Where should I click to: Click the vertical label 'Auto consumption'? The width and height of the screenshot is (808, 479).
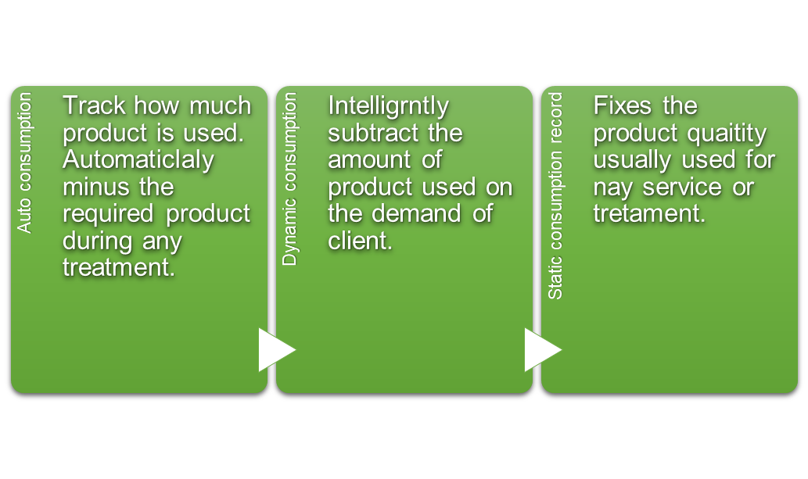click(x=24, y=163)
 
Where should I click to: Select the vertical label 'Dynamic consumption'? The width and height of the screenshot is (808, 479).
click(x=289, y=179)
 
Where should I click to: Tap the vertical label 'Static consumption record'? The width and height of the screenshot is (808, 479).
click(x=555, y=195)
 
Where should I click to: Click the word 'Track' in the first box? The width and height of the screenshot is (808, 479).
click(x=95, y=105)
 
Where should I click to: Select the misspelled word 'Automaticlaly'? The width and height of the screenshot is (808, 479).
click(x=138, y=160)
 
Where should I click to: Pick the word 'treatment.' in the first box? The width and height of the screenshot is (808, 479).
click(x=119, y=268)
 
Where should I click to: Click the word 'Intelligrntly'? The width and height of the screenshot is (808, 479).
click(x=389, y=106)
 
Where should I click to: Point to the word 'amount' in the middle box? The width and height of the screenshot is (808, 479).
click(x=370, y=160)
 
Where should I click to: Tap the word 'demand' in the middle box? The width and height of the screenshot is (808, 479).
click(x=424, y=213)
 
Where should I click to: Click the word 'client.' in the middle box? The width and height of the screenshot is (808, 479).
click(x=361, y=241)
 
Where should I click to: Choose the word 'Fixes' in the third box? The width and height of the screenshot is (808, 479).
click(x=623, y=105)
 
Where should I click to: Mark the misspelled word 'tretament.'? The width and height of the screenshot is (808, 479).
click(x=649, y=214)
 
